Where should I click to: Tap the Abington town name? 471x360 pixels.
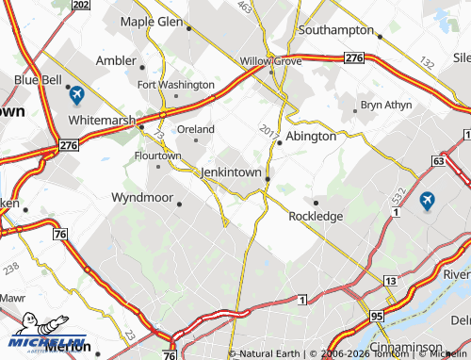(311, 136)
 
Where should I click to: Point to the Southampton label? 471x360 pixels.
(336, 30)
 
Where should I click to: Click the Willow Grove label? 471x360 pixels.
(270, 60)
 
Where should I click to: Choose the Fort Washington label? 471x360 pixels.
(175, 84)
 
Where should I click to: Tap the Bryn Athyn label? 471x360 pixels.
(386, 105)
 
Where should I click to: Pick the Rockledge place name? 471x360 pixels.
(316, 216)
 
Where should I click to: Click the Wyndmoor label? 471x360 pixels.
(142, 198)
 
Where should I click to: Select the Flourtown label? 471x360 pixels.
(157, 155)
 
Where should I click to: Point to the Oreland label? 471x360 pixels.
(196, 129)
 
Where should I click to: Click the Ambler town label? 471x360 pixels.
(117, 60)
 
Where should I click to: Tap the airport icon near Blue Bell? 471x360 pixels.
(76, 95)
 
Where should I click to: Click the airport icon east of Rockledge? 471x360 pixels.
(427, 201)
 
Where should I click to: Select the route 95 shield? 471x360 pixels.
(377, 316)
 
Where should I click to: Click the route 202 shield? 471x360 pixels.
(82, 6)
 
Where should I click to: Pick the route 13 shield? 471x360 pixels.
(389, 281)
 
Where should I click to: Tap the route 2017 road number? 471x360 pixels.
(267, 128)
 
